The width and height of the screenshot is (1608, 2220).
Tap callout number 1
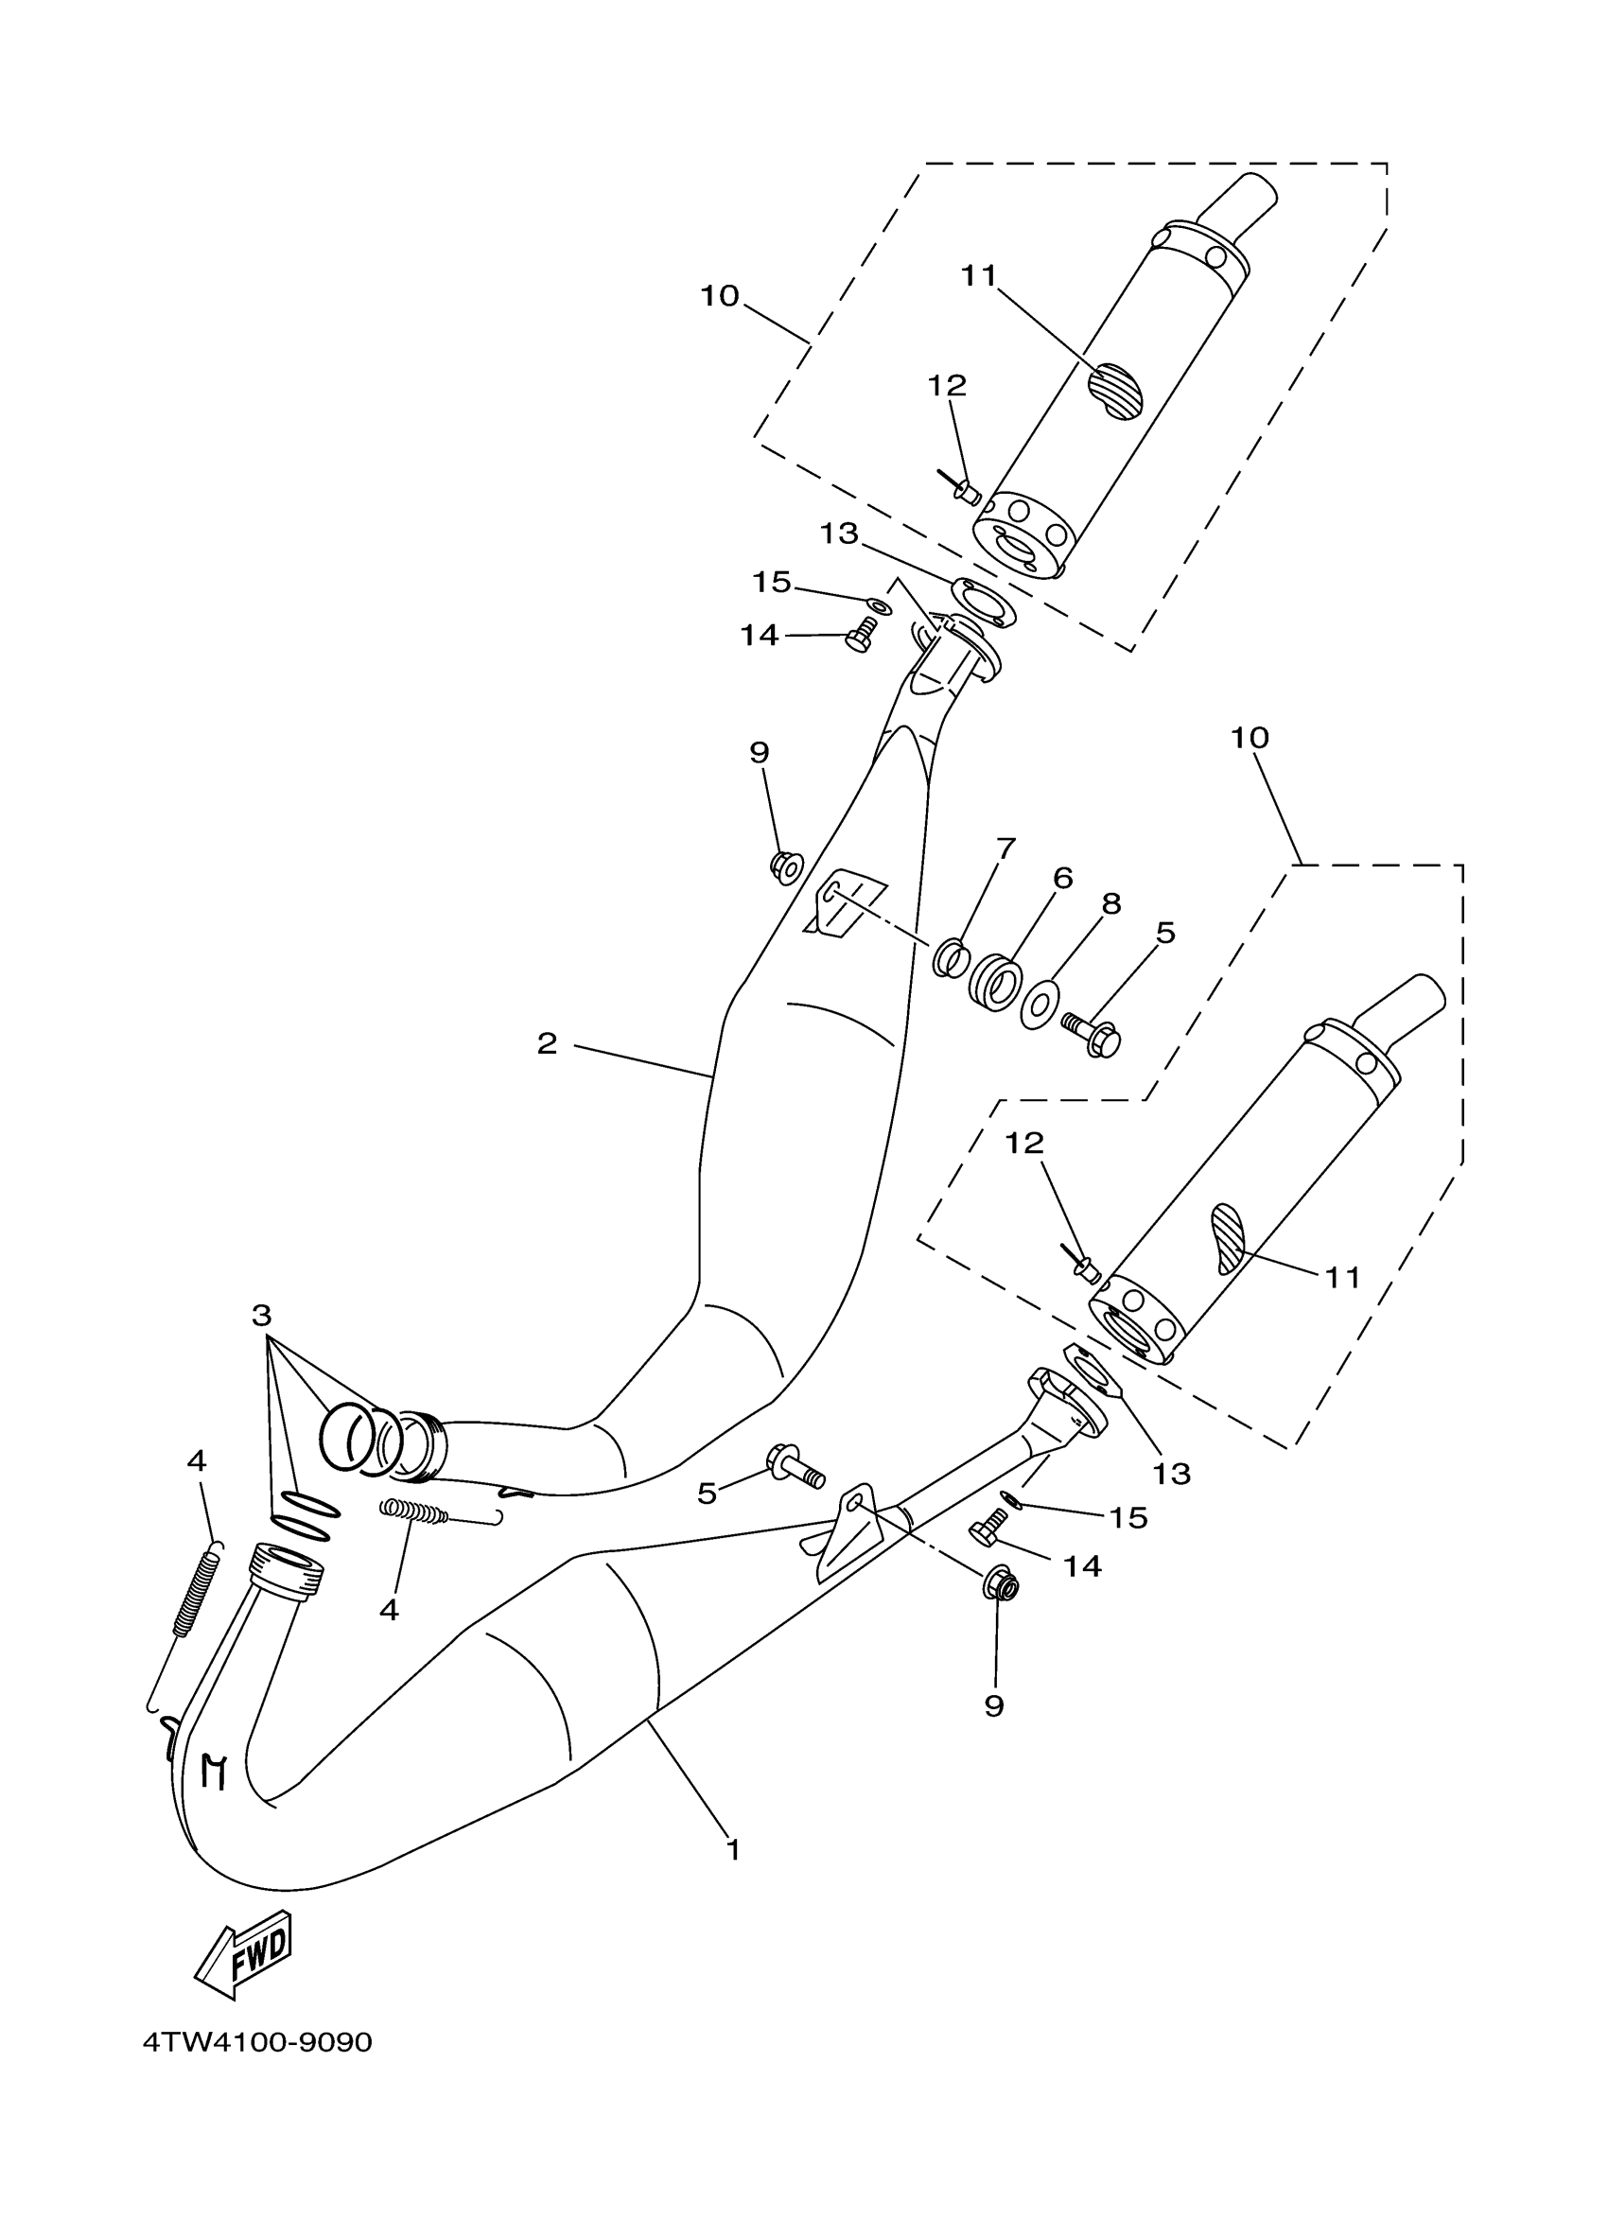click(x=733, y=1850)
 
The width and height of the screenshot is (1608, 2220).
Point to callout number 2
click(x=547, y=1043)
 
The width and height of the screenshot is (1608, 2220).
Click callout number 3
click(x=260, y=1316)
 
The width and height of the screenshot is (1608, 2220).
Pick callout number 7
click(x=1005, y=848)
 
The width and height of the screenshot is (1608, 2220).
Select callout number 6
click(x=1063, y=878)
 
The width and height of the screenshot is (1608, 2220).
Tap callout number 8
click(x=1110, y=903)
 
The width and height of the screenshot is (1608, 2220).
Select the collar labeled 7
click(x=950, y=957)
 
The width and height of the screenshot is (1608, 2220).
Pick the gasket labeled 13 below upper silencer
click(x=984, y=602)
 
